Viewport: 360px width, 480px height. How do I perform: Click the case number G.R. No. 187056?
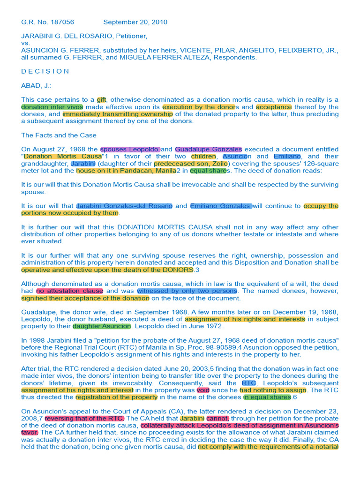[48, 22]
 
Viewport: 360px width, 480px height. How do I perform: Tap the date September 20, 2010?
[135, 22]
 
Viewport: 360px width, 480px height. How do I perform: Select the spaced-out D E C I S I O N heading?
[45, 71]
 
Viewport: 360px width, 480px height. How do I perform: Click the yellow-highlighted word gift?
[101, 100]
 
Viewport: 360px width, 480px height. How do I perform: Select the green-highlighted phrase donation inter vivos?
[52, 107]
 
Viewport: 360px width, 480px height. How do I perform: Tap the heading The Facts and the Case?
[59, 135]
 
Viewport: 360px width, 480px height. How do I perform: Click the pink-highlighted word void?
[203, 390]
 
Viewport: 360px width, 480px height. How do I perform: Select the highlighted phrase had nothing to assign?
[273, 390]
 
